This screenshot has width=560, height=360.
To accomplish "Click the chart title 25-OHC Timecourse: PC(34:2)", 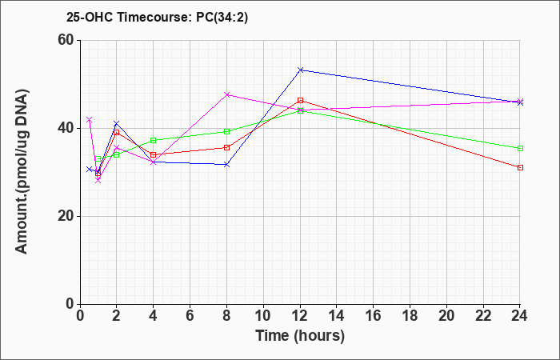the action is point(157,17).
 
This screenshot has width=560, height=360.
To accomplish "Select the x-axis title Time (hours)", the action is point(300,336).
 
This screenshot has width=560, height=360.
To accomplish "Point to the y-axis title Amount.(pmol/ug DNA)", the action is point(22,172).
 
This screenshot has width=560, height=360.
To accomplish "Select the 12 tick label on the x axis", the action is point(300,316).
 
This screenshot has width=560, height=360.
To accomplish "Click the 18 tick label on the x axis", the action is point(410,316).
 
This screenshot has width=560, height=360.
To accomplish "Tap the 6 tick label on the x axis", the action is point(190,316).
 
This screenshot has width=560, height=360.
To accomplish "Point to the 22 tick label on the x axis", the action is point(483,316).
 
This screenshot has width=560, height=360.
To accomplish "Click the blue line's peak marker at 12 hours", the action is point(300,70).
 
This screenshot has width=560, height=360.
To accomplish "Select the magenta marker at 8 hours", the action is point(226,94).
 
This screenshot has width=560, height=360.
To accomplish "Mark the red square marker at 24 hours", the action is point(520,167).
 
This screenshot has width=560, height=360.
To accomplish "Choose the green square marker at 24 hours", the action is point(520,148).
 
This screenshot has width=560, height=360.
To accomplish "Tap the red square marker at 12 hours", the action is point(300,100).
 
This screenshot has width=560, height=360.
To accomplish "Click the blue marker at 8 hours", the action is point(226,165).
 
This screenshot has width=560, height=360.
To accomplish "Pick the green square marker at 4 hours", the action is point(154,140).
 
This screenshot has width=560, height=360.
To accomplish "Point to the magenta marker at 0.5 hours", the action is point(90,120).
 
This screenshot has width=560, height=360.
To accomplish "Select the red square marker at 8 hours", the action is point(226,147).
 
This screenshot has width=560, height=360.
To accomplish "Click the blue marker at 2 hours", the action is point(117,123).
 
